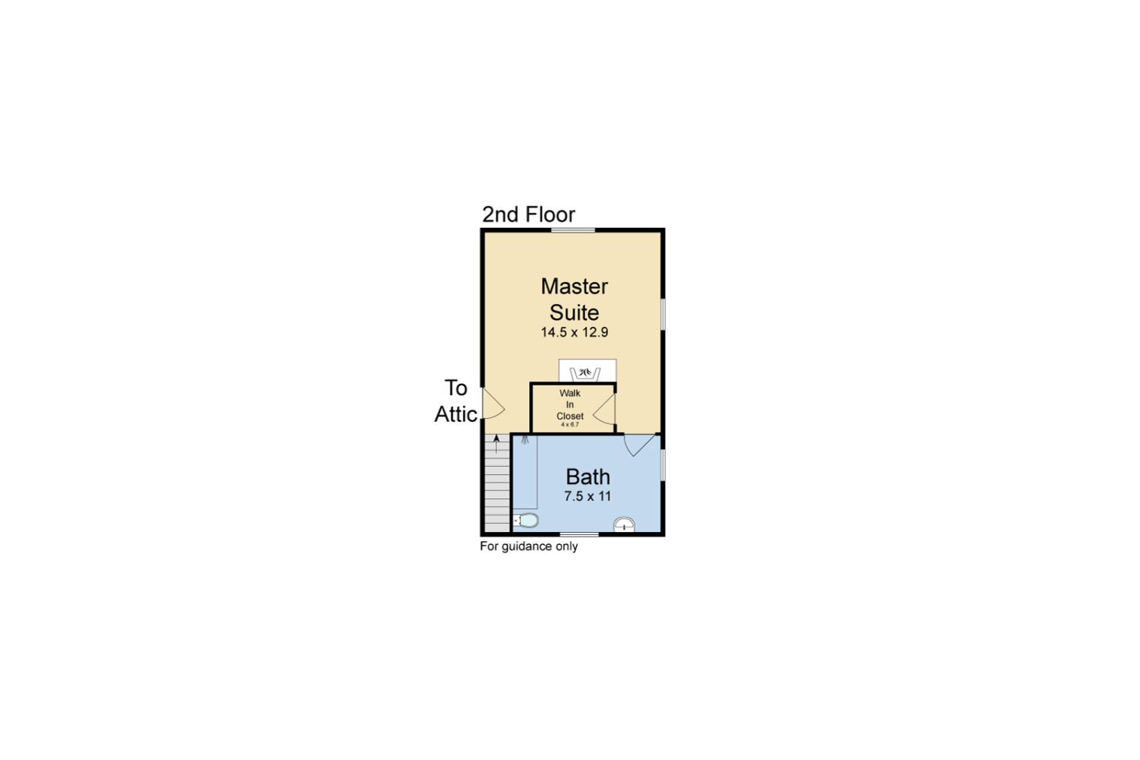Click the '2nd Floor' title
coord(528,214)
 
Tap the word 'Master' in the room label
coord(574,286)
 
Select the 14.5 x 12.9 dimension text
coord(574,332)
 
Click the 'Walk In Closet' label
coord(570,404)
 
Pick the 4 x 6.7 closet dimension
coord(570,425)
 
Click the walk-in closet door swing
coord(604,409)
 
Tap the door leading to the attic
coord(492,404)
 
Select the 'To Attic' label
coord(455,401)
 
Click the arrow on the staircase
coord(496,443)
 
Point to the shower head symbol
coord(524,440)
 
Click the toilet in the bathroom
coord(526,521)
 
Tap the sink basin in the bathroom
coord(624,524)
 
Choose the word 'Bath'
coord(587,477)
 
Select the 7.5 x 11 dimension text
coord(587,496)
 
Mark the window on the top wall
coord(573,230)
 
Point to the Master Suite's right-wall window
coord(663,314)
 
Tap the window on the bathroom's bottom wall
coord(579,534)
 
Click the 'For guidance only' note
coord(529,546)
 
